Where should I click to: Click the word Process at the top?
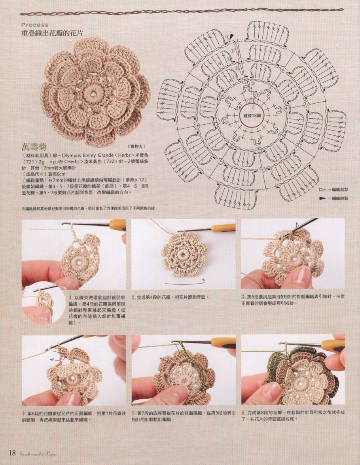tap(35, 25)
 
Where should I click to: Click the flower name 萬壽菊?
tap(35, 146)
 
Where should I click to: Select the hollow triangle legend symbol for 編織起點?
tap(322, 190)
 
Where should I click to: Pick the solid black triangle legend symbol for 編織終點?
tap(322, 198)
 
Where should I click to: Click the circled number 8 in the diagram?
tap(227, 37)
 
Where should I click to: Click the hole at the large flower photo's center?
tap(95, 92)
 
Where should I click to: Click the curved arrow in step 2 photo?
tap(184, 282)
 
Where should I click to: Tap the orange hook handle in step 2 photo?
tap(223, 228)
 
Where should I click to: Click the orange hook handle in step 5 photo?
tap(223, 343)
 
